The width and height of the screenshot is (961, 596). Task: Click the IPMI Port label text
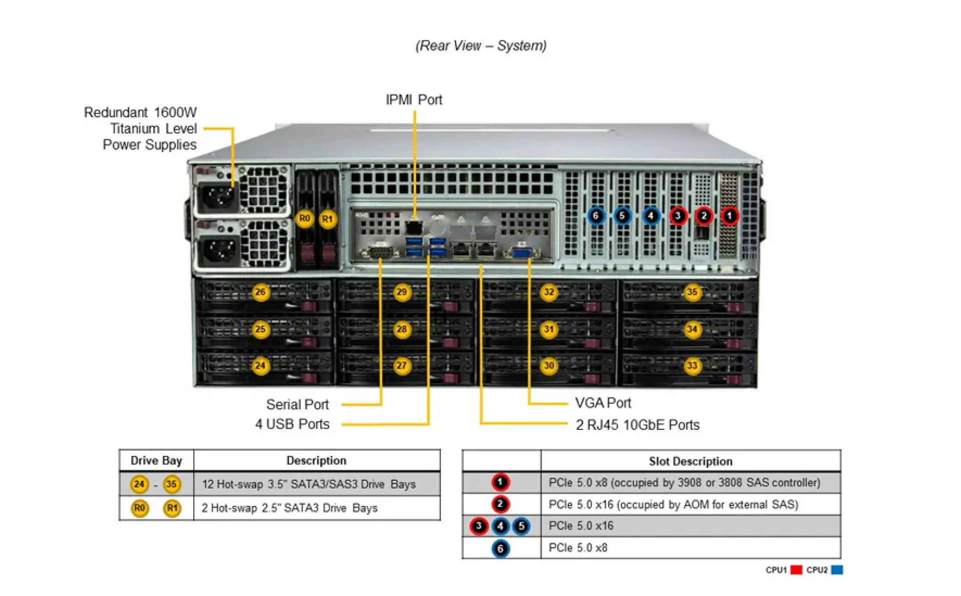pos(413,100)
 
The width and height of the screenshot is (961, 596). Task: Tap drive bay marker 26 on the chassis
pos(260,292)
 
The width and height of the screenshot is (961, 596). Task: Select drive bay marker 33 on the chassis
pos(692,366)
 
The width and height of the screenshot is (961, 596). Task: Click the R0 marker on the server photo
pos(304,219)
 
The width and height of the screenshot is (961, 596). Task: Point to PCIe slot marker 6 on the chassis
pos(596,216)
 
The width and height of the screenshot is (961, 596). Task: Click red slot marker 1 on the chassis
pos(729,216)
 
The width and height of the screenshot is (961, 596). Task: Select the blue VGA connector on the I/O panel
pos(522,253)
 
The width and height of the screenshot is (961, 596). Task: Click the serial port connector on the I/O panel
pos(380,253)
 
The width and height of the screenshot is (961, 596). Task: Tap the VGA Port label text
pos(603,403)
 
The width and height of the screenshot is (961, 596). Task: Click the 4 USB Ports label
pos(292,424)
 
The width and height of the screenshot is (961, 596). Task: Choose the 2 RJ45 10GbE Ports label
pos(637,425)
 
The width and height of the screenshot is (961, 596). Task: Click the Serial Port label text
pos(297,404)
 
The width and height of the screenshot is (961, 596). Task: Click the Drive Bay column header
pos(156,460)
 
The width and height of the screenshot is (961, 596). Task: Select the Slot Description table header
pos(690,461)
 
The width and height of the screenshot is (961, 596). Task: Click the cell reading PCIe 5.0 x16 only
pos(581,526)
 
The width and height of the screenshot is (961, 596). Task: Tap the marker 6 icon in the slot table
pos(500,548)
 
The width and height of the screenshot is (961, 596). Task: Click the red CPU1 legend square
pos(796,570)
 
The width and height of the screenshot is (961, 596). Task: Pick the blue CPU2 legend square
pos(837,570)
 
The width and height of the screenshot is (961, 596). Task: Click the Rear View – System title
pos(480,46)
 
